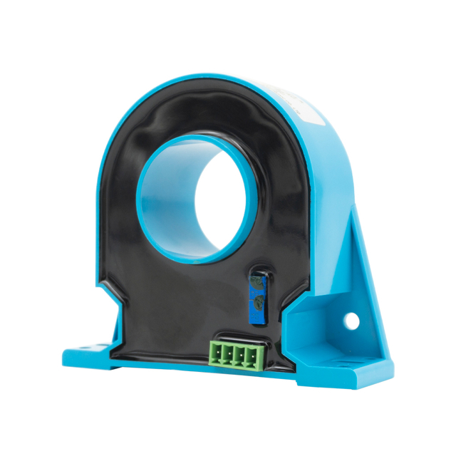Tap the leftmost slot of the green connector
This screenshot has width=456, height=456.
click(215, 351)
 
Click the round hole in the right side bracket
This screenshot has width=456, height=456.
click(352, 321)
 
